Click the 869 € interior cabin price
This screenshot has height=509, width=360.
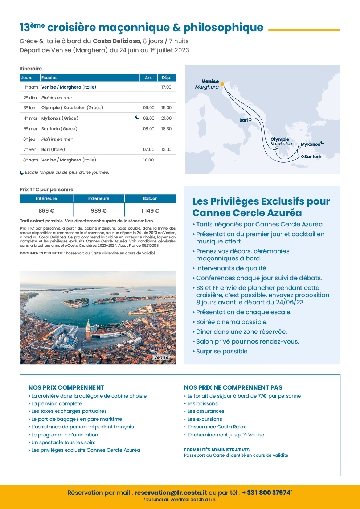(46, 211)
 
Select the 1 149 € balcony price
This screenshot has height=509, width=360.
(150, 211)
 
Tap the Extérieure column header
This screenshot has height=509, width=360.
(99, 198)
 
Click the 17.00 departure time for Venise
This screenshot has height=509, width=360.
(166, 87)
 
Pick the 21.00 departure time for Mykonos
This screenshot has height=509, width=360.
(166, 118)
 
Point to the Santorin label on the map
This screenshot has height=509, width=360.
(313, 157)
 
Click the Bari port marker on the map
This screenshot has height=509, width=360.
(250, 119)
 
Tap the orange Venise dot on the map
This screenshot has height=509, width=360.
(222, 84)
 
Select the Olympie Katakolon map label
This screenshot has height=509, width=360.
(281, 141)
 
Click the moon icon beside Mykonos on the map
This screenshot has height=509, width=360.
(323, 143)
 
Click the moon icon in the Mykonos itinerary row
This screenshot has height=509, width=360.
(137, 117)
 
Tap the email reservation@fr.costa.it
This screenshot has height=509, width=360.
(171, 493)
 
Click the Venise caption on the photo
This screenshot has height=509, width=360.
(161, 357)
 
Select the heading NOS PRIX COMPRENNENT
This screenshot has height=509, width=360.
(66, 387)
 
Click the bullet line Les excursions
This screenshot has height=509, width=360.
(204, 419)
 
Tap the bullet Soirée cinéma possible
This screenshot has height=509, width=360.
(232, 322)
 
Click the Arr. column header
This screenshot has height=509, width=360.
(148, 78)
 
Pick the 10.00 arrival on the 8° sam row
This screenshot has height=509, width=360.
(148, 160)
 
